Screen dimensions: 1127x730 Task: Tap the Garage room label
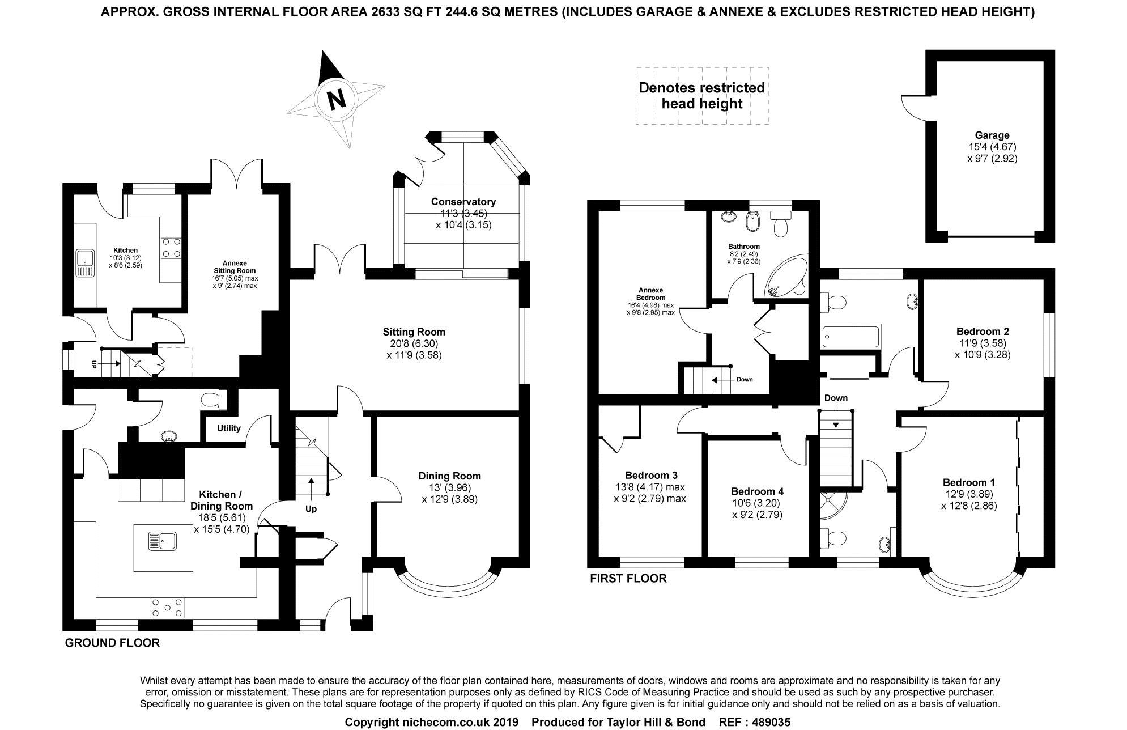992,135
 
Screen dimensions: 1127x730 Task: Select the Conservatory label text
463,202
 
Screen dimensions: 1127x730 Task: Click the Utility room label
229,428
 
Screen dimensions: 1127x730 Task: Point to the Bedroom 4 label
757,491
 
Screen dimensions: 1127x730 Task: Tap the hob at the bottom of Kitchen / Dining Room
167,608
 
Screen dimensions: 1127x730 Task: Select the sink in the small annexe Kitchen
86,263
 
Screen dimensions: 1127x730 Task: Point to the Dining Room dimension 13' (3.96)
449,487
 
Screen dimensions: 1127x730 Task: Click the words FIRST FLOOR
628,579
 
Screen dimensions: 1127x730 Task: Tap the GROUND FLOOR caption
112,643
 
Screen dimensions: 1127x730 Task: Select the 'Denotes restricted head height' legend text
701,96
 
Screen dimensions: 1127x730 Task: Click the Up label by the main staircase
311,509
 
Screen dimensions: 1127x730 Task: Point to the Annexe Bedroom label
650,294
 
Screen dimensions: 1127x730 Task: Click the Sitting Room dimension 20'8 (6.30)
414,343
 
